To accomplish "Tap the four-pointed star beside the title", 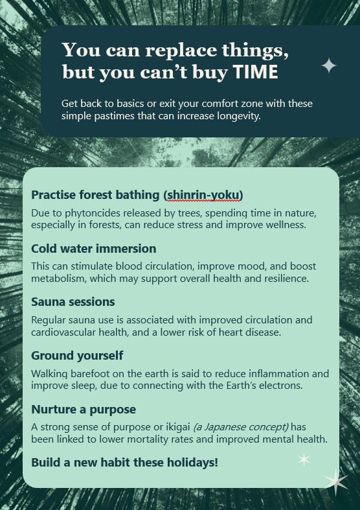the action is [x=329, y=65].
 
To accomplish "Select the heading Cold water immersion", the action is [x=94, y=248].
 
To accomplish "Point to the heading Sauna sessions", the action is [x=73, y=302].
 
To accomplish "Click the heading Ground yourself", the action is [x=77, y=356].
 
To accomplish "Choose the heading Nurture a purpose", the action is [x=84, y=409].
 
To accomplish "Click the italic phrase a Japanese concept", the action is [x=241, y=427].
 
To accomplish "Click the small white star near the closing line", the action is [x=304, y=459].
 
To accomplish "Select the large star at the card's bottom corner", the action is [x=335, y=481].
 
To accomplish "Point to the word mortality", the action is [x=148, y=439].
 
